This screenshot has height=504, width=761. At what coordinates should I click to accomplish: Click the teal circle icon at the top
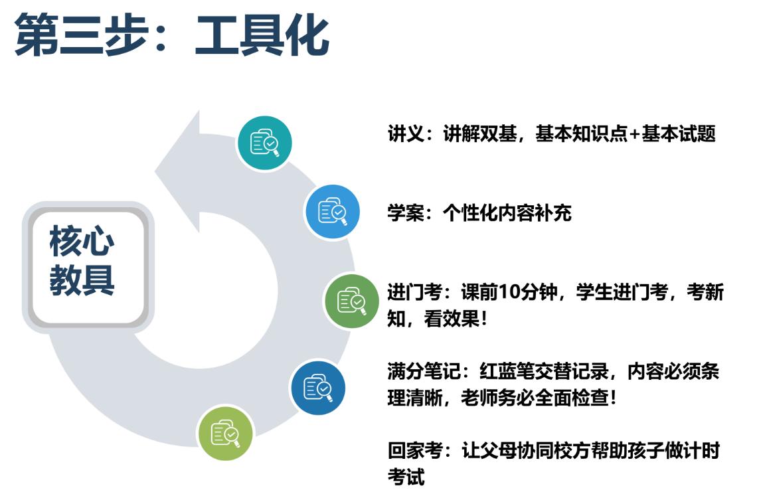click(x=264, y=143)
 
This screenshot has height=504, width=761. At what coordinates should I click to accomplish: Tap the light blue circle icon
click(x=332, y=212)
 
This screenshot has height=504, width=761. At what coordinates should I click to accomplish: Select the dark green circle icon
click(x=351, y=301)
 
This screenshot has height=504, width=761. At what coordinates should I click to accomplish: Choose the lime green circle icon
click(x=225, y=433)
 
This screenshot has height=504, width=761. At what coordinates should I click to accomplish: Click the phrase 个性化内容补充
click(x=507, y=213)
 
